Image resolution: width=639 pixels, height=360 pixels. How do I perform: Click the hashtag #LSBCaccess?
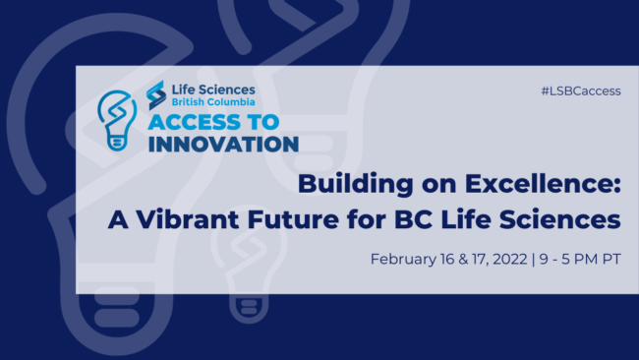[x=580, y=90]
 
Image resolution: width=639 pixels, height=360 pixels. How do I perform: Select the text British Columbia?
[x=213, y=102]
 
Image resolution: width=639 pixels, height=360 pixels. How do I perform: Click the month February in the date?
[x=404, y=260]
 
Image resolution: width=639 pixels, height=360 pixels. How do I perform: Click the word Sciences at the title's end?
[x=574, y=217]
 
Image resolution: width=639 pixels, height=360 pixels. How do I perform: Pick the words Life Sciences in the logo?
[x=213, y=89]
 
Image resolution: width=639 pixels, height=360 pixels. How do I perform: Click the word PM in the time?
[x=587, y=260]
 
